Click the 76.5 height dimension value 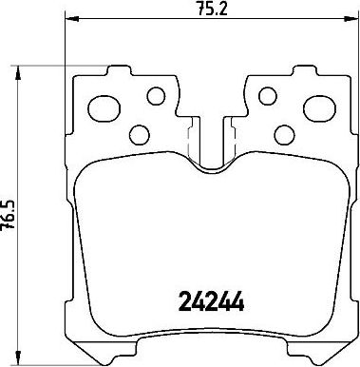tap(8, 215)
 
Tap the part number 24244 tap(212, 301)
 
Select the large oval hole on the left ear tap(104, 108)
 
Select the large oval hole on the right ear tap(319, 108)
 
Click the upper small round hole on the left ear tap(157, 96)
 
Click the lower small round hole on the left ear tap(140, 135)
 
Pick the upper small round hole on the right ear tap(268, 96)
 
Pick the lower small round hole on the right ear tap(285, 135)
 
